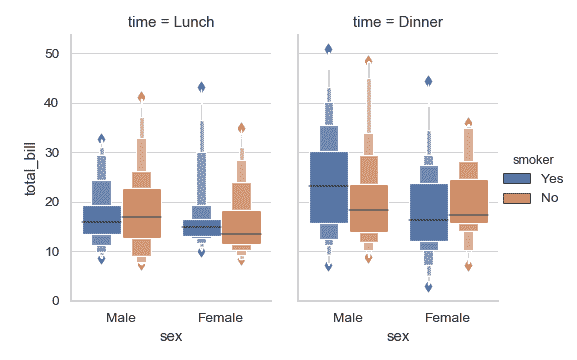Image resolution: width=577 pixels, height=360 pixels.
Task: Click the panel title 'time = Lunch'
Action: coord(171,21)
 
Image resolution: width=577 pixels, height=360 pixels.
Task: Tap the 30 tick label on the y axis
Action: coord(53,153)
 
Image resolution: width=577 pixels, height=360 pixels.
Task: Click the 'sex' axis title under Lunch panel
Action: coord(171,337)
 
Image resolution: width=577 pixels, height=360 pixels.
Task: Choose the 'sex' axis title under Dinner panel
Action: coord(398,337)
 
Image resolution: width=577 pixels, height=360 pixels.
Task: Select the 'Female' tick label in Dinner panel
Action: coord(448,318)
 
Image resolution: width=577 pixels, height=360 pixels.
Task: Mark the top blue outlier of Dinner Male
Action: coord(329,48)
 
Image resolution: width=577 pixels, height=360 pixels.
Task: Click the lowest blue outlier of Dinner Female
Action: coord(429,287)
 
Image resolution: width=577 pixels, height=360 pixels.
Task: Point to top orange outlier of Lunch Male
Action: coord(141,97)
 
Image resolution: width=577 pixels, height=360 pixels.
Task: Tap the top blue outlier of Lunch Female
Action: coord(201,87)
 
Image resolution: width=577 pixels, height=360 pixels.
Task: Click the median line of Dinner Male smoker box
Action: coord(329,186)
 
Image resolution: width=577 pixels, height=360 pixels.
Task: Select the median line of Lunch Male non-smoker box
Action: coord(141,217)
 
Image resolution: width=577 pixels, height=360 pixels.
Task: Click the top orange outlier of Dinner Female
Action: coord(468,122)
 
